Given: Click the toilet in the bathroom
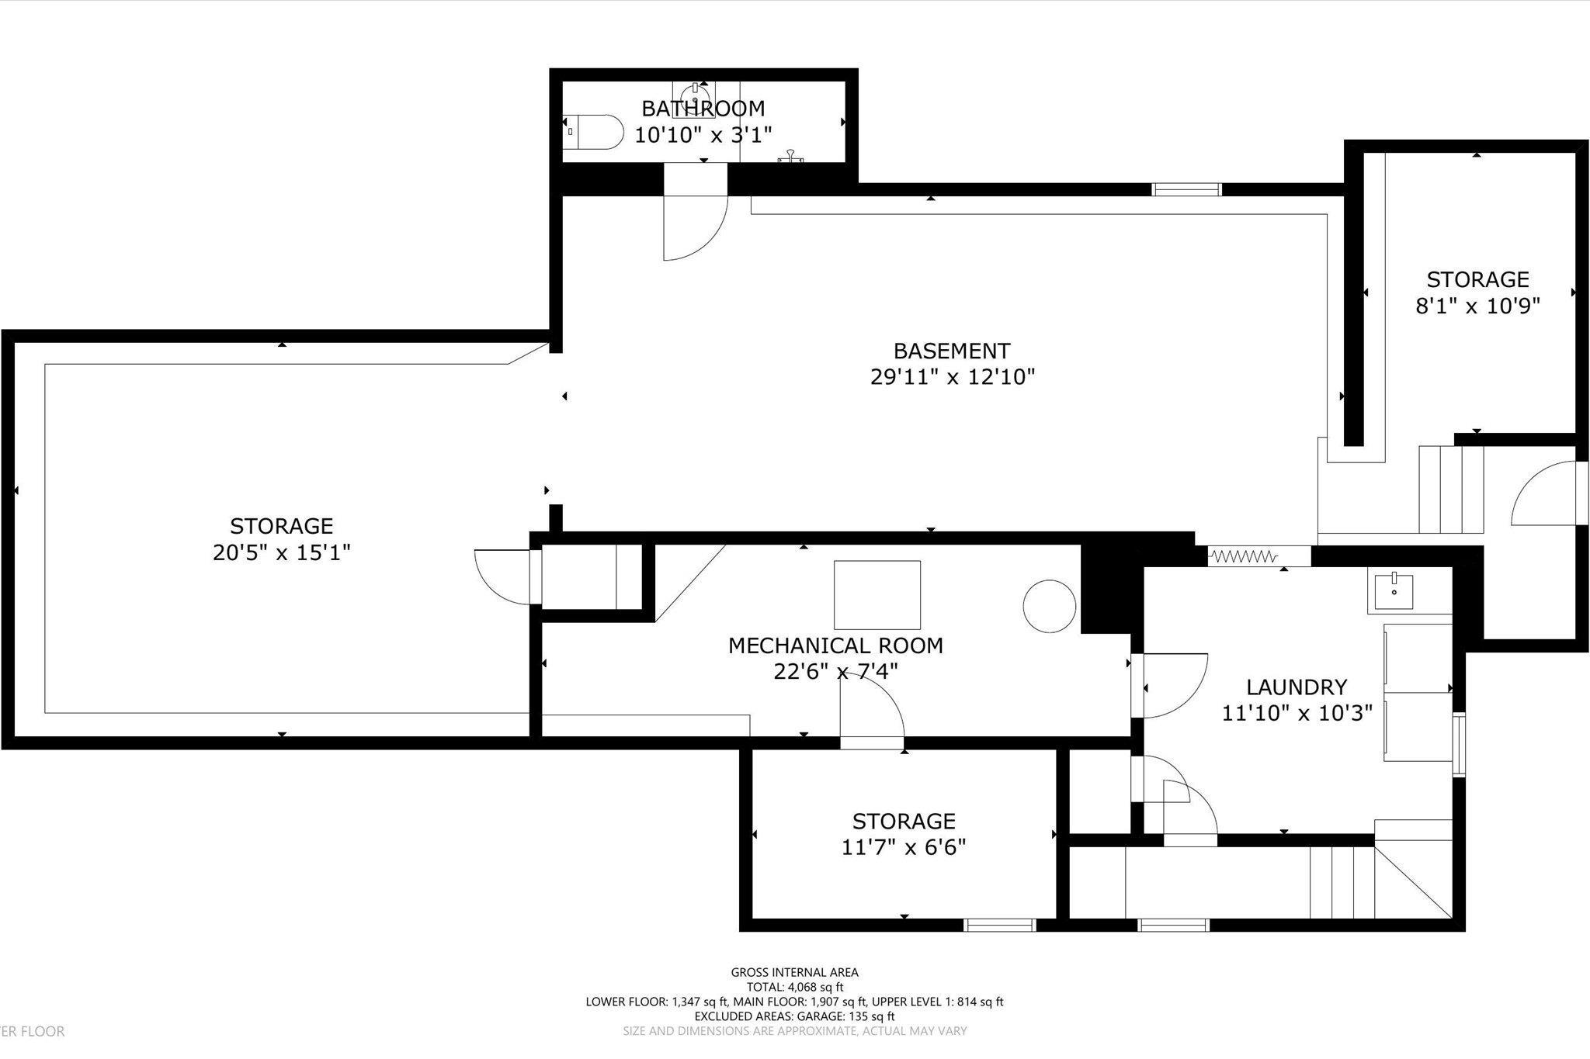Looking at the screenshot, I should [594, 132].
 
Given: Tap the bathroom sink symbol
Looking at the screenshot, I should [693, 99].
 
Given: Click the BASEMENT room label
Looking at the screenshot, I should [951, 351].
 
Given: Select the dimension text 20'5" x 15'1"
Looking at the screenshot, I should [282, 552].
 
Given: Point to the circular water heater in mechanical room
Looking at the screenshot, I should [1049, 607].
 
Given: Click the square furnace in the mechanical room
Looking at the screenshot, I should [877, 595].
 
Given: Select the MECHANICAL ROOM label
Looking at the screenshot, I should [835, 645].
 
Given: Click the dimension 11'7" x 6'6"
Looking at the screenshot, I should [904, 846].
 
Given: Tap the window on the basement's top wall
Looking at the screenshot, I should [1186, 189].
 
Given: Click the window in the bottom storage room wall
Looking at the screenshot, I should [999, 925].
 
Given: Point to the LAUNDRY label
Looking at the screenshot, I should [1297, 687].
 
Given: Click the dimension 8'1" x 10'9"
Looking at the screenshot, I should [1477, 306].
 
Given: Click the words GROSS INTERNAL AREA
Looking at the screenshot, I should [794, 972].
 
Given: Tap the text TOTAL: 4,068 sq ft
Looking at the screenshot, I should [794, 987].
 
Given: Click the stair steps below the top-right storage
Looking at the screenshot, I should [1451, 489].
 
